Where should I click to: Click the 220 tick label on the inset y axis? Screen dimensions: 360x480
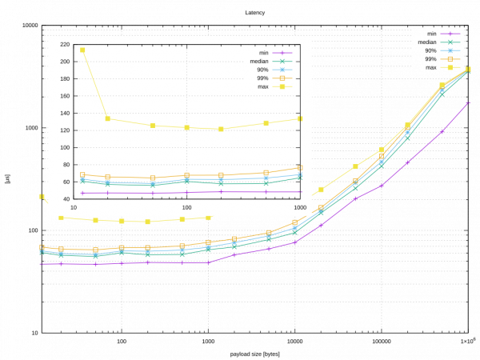pos(64,45)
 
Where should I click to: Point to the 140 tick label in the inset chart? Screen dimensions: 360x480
pos(64,113)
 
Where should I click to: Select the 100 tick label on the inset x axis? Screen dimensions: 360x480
pos(186,208)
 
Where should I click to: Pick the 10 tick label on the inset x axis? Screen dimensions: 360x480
pos(74,208)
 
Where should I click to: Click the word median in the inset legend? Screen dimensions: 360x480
pos(258,61)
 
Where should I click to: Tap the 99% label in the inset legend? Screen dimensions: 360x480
pos(262,78)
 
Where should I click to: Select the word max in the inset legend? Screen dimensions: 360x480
pos(262,86)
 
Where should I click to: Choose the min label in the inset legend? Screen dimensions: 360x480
pos(263,53)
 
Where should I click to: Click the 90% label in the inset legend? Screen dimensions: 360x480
pos(262,70)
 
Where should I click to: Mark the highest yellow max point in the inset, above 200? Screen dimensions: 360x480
pos(82,50)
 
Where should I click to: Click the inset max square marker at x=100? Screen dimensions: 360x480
pos(186,127)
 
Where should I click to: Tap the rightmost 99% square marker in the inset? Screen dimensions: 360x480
pos(300,168)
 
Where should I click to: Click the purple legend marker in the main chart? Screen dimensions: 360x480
pos(451,34)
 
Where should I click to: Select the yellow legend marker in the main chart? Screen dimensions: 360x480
pos(451,67)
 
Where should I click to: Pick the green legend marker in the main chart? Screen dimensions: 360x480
pos(451,42)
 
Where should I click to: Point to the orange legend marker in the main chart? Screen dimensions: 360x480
pos(451,59)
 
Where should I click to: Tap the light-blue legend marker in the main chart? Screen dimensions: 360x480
pos(451,50)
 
